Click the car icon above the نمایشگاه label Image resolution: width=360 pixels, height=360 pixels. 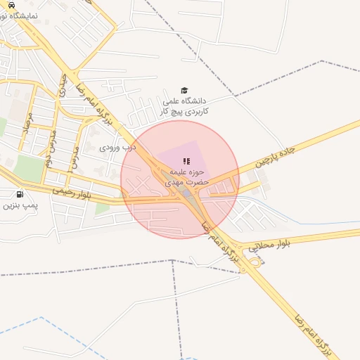pyautogui.click(x=11, y=4)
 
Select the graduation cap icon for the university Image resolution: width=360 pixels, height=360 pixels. pyautogui.click(x=184, y=91)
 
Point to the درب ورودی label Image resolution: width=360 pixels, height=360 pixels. pyautogui.click(x=113, y=148)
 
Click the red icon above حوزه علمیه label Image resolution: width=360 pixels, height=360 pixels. pyautogui.click(x=186, y=162)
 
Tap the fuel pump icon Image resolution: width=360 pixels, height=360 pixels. pyautogui.click(x=18, y=194)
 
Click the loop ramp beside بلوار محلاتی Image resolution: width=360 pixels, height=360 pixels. pyautogui.click(x=254, y=262)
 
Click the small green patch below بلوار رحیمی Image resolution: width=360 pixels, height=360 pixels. pyautogui.click(x=102, y=207)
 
